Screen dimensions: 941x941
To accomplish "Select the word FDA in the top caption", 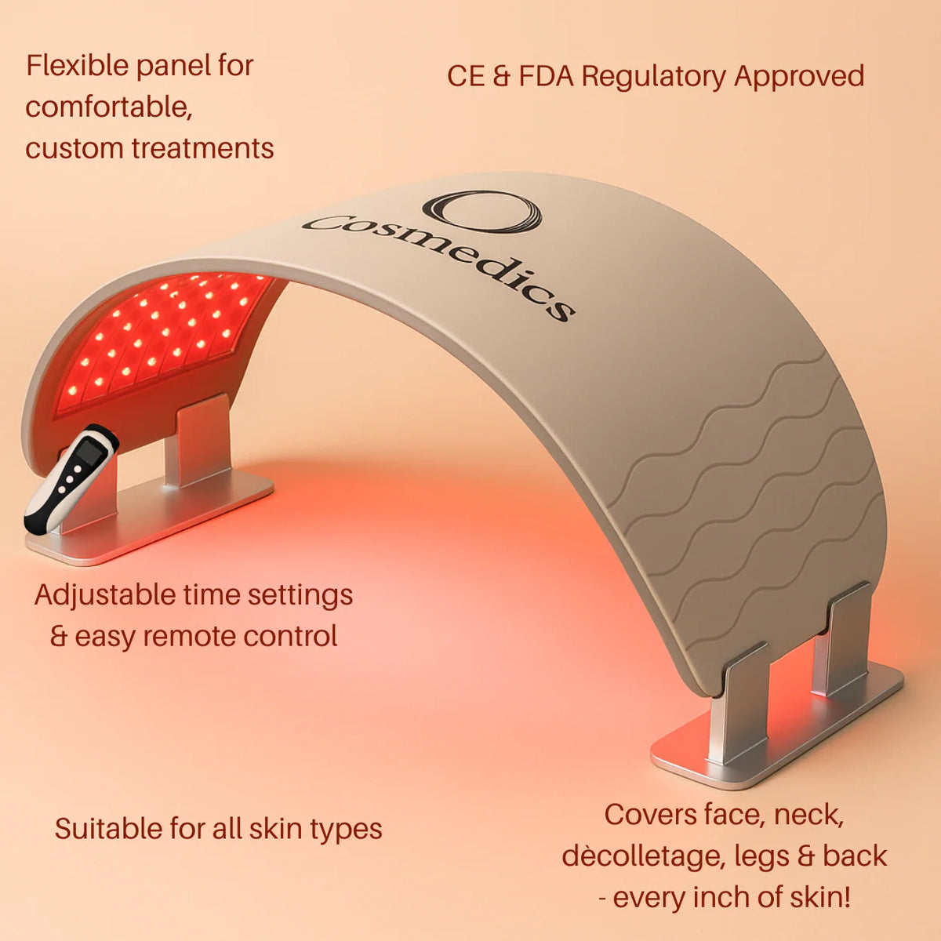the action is point(546,76).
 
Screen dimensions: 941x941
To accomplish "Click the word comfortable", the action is point(109,107).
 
